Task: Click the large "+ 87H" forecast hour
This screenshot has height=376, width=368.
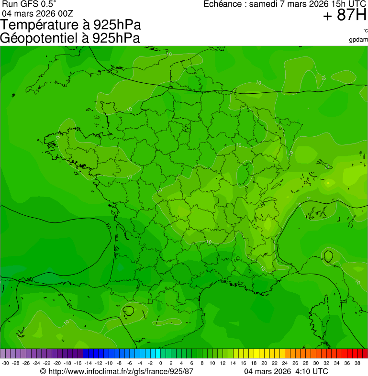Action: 345,16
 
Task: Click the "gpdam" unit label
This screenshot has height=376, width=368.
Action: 358,39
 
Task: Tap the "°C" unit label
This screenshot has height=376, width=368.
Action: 365,31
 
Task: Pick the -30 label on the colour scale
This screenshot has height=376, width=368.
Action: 5,363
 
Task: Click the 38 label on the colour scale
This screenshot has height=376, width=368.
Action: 357,363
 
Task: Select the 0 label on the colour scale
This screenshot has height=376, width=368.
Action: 160,363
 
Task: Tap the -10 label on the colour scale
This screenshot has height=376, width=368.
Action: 109,363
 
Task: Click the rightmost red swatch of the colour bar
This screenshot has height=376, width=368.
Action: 365,354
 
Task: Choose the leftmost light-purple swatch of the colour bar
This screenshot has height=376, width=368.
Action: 3,354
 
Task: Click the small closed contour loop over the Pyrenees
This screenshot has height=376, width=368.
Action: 128,311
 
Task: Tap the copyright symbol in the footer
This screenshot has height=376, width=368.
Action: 43,371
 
